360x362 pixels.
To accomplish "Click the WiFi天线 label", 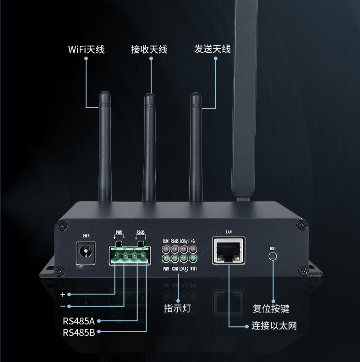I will coord(86,49).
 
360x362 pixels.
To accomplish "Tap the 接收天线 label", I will coord(149,49).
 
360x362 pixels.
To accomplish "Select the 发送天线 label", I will coord(212,49).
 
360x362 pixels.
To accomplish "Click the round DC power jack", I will coord(85,252).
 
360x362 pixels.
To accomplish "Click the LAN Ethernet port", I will coord(229,251).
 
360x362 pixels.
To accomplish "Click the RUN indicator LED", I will coord(166,250).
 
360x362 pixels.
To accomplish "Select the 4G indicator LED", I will coord(193,250).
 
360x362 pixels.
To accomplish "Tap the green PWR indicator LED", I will coord(166,259).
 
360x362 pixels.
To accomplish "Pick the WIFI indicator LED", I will coord(193,259).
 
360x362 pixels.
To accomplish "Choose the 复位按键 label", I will coord(271,308).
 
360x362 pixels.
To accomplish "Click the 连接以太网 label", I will coord(274,326).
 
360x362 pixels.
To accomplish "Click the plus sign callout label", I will coord(63,294).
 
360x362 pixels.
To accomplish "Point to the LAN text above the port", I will coord(229,232).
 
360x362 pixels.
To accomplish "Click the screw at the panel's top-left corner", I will coord(61,225).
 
